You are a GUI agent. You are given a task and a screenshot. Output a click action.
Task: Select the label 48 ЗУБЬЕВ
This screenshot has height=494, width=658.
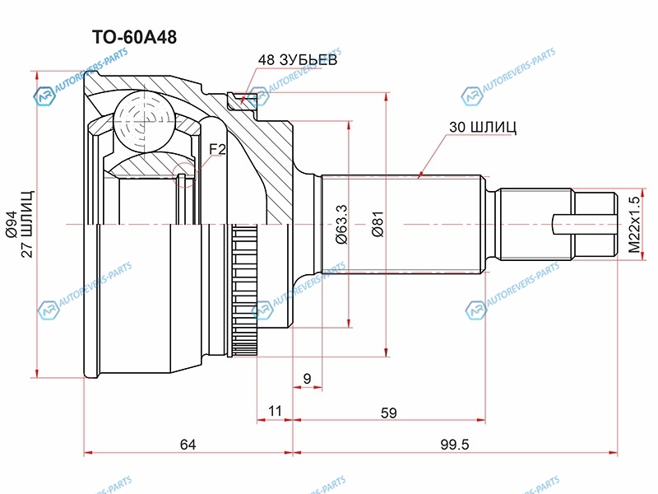[298, 60]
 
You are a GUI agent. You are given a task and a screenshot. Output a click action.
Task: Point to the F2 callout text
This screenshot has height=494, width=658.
[217, 148]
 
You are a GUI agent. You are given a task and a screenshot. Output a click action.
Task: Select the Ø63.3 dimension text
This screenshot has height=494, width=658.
[341, 224]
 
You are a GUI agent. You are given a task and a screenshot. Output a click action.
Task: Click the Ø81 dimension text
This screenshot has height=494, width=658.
[377, 224]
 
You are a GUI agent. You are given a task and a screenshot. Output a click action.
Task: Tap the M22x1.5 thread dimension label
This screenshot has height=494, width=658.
[633, 224]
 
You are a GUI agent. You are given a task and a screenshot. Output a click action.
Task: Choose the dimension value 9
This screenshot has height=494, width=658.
[307, 378]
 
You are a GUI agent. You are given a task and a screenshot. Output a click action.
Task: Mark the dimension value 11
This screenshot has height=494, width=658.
[275, 409]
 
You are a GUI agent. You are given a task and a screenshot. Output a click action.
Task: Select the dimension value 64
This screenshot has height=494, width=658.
[188, 445]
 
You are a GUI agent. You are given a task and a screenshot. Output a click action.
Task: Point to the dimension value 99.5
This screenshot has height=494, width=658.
[453, 445]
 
